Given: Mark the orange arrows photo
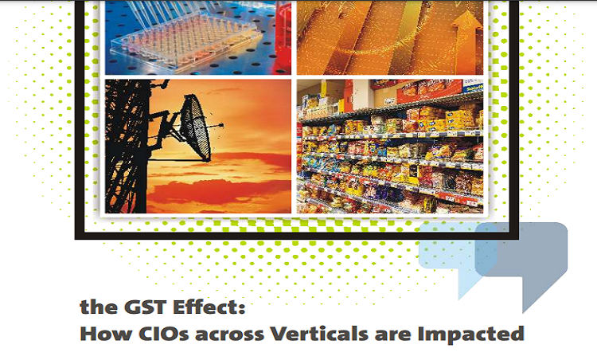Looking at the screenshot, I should (x=390, y=36).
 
